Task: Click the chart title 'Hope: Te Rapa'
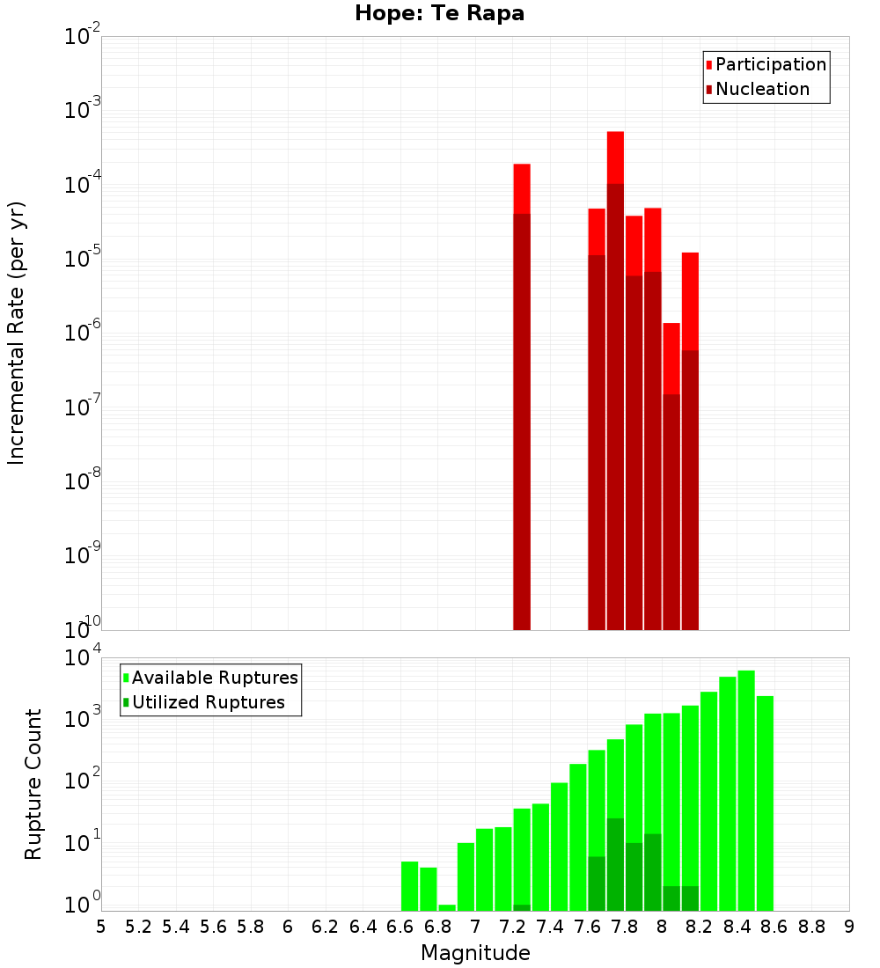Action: point(439,14)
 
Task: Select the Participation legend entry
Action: point(766,64)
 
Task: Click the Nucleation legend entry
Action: point(757,89)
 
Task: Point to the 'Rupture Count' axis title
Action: point(33,784)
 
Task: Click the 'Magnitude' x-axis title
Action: point(475,953)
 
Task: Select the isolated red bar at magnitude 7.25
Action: point(522,396)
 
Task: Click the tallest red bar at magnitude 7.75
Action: point(615,378)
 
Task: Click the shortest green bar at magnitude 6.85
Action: point(447,907)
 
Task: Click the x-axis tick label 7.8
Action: point(624,927)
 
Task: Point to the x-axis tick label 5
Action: point(101,927)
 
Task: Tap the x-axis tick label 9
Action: point(848,927)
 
